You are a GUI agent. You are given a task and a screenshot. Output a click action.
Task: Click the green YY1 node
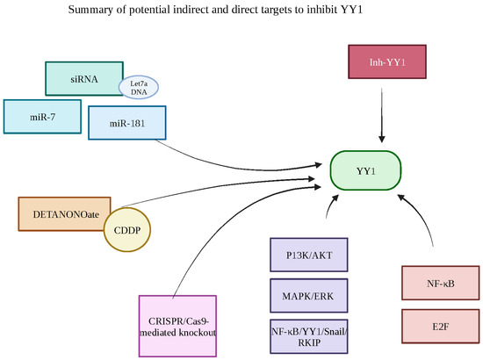tap(365, 170)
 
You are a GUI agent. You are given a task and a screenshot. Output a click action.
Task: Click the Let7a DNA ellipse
tap(138, 87)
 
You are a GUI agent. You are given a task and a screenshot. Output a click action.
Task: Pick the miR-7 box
tap(41, 117)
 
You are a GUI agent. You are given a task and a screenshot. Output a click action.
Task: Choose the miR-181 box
tap(127, 122)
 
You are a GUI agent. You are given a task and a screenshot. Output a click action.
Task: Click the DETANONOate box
tap(58, 215)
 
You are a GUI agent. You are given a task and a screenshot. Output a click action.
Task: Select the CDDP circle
tap(127, 230)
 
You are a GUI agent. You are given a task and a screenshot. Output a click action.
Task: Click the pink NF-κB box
tap(440, 284)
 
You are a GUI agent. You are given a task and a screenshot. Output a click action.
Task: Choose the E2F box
tap(440, 326)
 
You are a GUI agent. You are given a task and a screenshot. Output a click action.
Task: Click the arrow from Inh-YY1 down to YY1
tap(382, 119)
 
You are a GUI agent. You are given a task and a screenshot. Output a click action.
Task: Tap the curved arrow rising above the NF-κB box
tap(420, 220)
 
